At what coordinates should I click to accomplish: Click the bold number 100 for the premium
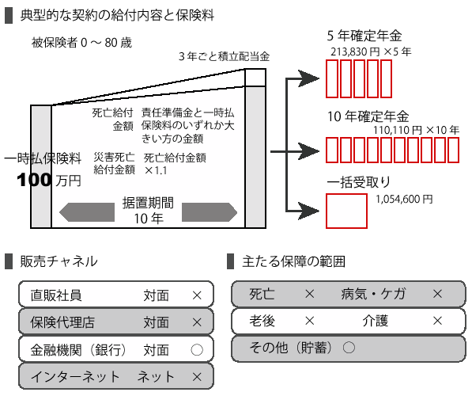click(x=34, y=180)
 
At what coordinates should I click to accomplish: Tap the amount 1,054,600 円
click(x=404, y=199)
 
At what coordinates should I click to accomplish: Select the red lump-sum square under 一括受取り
click(x=346, y=211)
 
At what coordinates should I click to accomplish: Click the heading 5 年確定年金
click(x=364, y=36)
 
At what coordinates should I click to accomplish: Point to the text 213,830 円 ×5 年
click(x=371, y=52)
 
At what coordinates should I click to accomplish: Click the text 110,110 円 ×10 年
click(x=416, y=131)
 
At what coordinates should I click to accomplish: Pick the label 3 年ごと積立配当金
click(x=224, y=56)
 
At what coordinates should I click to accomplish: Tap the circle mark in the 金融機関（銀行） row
click(x=197, y=350)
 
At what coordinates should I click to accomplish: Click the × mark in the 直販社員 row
click(x=197, y=295)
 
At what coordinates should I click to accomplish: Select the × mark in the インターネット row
click(x=197, y=377)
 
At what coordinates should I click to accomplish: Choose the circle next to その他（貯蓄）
click(x=349, y=348)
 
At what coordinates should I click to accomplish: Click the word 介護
click(x=376, y=321)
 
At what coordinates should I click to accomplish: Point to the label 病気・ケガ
click(x=373, y=294)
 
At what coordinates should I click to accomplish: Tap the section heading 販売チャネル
click(x=59, y=261)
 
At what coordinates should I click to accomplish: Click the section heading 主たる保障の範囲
click(x=293, y=261)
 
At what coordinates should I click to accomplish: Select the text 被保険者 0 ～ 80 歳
click(x=81, y=43)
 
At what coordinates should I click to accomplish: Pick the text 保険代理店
click(x=62, y=322)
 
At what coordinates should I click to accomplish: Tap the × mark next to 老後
click(x=310, y=321)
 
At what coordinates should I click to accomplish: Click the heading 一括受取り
click(x=358, y=182)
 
